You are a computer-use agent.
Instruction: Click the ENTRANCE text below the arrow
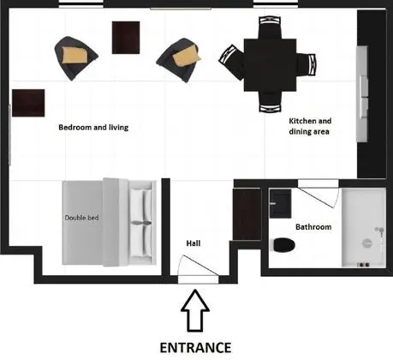[195, 348]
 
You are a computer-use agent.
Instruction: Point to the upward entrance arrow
[195, 310]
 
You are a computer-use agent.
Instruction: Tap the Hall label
[194, 243]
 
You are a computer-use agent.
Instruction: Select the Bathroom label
[313, 227]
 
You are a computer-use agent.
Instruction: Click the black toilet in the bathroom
[284, 245]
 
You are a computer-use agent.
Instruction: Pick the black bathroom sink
[281, 203]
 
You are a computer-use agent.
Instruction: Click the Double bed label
[81, 218]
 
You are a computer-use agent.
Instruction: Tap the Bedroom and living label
[93, 128]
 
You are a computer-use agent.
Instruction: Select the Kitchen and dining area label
[310, 126]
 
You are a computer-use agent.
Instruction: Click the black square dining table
[270, 65]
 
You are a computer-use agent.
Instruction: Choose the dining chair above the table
[270, 27]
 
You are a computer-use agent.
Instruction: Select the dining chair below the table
[270, 102]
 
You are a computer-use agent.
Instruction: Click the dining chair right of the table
[306, 65]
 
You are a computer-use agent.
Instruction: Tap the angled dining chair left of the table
[232, 62]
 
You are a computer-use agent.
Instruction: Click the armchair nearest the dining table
[180, 59]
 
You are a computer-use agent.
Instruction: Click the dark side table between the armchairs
[126, 38]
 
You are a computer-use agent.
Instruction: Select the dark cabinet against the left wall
[28, 103]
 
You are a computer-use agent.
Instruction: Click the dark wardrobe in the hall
[247, 214]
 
